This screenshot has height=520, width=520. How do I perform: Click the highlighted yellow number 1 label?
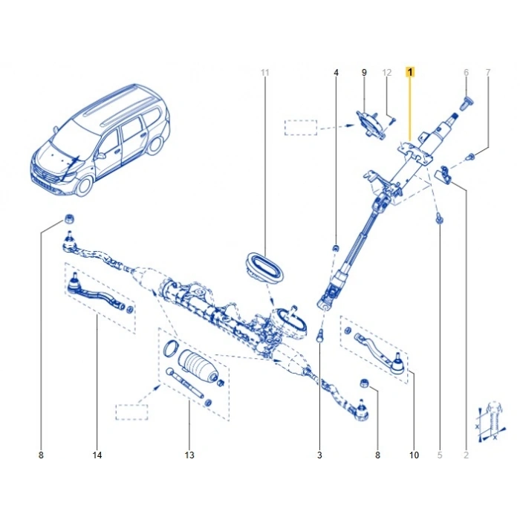click(x=410, y=72)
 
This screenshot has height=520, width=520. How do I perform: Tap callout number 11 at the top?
click(x=265, y=72)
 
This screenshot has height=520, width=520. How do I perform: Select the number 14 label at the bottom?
click(x=97, y=455)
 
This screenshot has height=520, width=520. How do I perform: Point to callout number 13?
click(x=189, y=455)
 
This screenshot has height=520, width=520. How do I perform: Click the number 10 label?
click(x=414, y=455)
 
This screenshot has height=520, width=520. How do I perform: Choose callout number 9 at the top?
click(x=364, y=72)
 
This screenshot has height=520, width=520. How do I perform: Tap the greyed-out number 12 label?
click(x=386, y=72)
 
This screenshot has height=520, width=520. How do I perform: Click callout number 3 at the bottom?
click(x=319, y=455)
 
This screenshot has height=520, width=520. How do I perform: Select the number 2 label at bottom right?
click(x=466, y=455)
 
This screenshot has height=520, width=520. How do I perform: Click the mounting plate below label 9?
click(x=370, y=123)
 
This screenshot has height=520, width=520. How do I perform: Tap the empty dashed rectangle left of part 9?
click(x=300, y=127)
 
